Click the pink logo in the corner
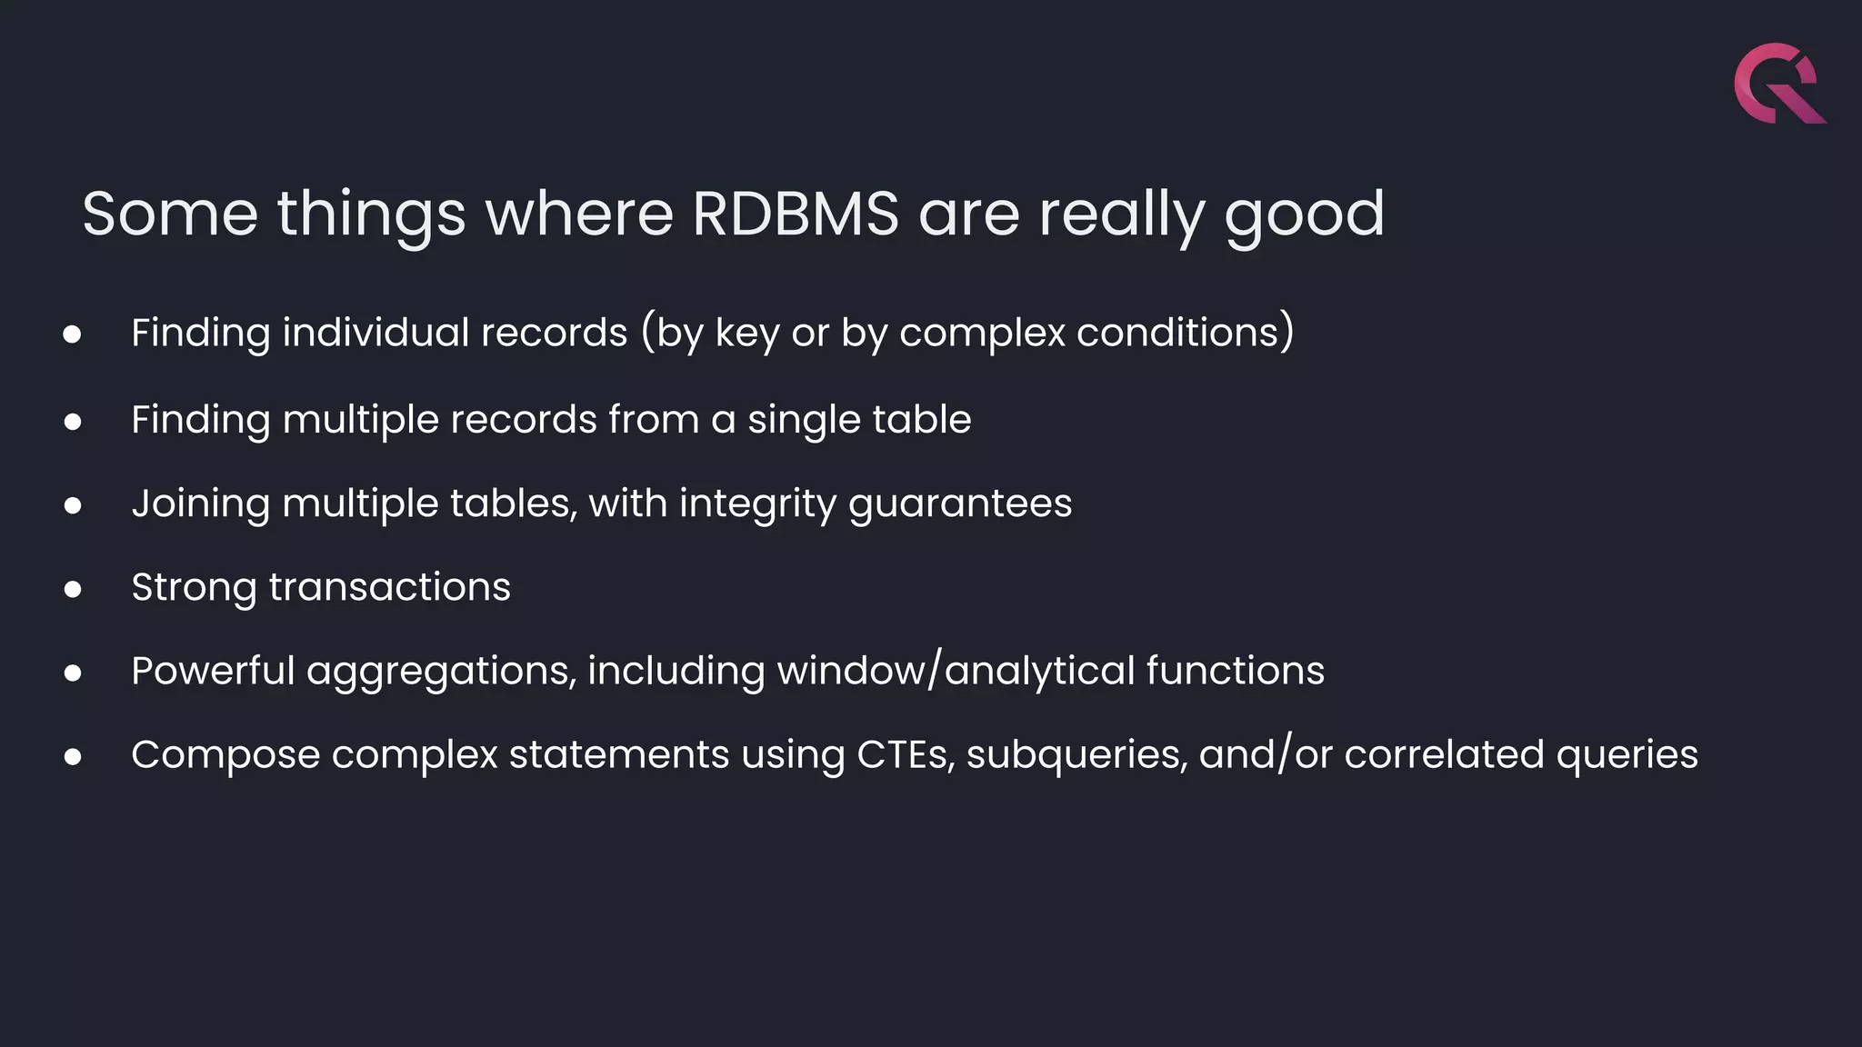pyautogui.click(x=1778, y=84)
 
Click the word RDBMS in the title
pyautogui.click(x=795, y=214)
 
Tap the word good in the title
pyautogui.click(x=1304, y=216)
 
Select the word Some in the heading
pyautogui.click(x=170, y=214)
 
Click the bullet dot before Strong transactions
pyautogui.click(x=73, y=590)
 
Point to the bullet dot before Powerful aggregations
pyautogui.click(x=73, y=673)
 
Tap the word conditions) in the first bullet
pyautogui.click(x=1185, y=333)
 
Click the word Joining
pyautogui.click(x=200, y=504)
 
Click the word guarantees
pyautogui.click(x=960, y=504)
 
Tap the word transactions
pyautogui.click(x=389, y=587)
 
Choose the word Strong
pyautogui.click(x=194, y=587)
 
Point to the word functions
pyautogui.click(x=1235, y=671)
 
